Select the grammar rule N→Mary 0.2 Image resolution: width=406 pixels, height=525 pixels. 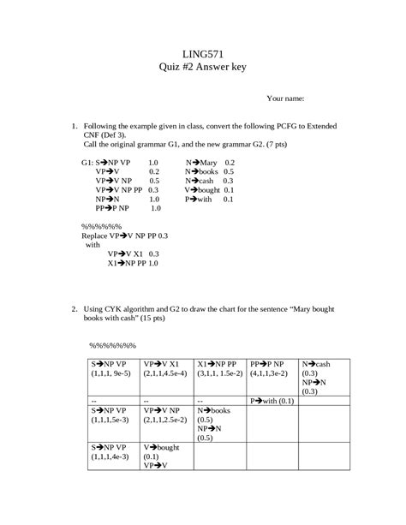(x=210, y=162)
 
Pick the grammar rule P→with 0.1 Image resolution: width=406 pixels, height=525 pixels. (x=209, y=199)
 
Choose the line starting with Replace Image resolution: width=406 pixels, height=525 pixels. (x=124, y=234)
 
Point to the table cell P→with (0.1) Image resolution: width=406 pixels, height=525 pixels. (x=273, y=400)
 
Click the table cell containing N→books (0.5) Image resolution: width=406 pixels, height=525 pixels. (x=220, y=424)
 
